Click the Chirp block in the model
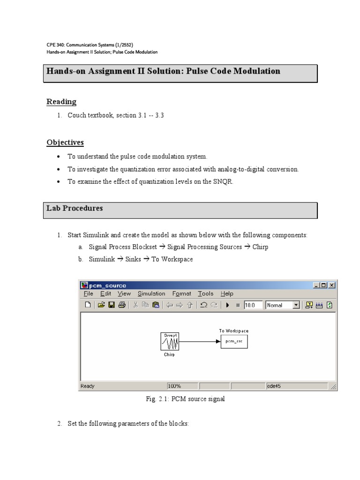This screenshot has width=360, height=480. [x=169, y=341]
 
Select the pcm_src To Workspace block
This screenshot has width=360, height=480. [x=233, y=342]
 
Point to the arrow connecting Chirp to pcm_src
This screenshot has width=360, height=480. [x=199, y=341]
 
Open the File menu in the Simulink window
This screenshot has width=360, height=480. [x=88, y=294]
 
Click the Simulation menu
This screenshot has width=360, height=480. [x=151, y=294]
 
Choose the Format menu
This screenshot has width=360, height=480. [x=181, y=294]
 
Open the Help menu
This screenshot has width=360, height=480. [x=227, y=294]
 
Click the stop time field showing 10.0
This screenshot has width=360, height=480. [x=253, y=305]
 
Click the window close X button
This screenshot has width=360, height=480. [x=332, y=285]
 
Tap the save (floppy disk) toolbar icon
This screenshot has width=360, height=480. [x=112, y=305]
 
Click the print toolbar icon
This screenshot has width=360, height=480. [x=122, y=305]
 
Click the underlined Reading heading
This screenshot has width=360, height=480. [x=61, y=102]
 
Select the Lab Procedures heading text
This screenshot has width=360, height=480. [x=74, y=208]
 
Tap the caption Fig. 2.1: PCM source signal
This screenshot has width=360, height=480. [x=185, y=399]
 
